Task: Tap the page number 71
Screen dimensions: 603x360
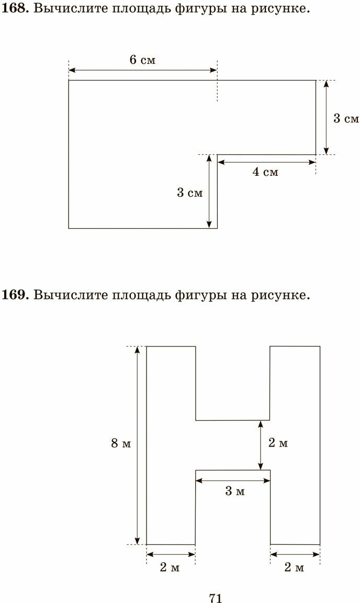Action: point(215,598)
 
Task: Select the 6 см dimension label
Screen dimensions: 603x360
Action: point(142,60)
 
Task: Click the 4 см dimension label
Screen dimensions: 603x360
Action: point(265,172)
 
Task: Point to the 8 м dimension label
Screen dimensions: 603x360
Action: point(121,444)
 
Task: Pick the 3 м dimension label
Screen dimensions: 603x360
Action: point(235,491)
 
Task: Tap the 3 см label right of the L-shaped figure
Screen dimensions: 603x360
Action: point(346,119)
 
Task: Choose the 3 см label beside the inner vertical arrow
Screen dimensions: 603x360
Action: point(189,193)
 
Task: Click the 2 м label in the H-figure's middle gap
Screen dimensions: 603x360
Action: point(278,443)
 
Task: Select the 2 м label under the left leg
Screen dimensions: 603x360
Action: point(170,567)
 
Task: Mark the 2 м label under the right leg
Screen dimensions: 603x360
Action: point(294,567)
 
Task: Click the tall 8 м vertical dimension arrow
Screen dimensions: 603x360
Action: point(138,445)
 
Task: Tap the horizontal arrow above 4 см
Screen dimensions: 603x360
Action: point(266,162)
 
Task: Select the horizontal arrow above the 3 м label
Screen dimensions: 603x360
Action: point(233,480)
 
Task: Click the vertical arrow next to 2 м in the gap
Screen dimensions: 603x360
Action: point(261,445)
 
